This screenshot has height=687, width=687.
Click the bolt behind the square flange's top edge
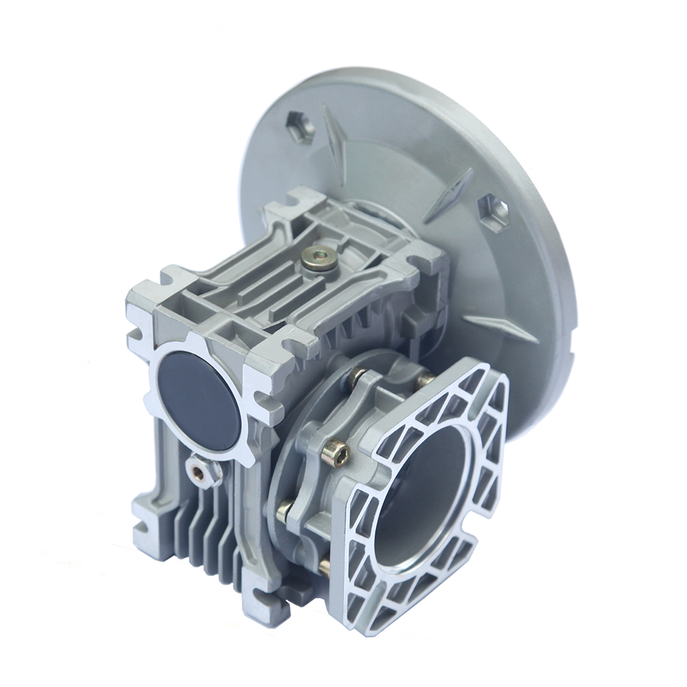(x=426, y=376)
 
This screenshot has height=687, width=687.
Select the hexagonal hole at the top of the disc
(x=300, y=126)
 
